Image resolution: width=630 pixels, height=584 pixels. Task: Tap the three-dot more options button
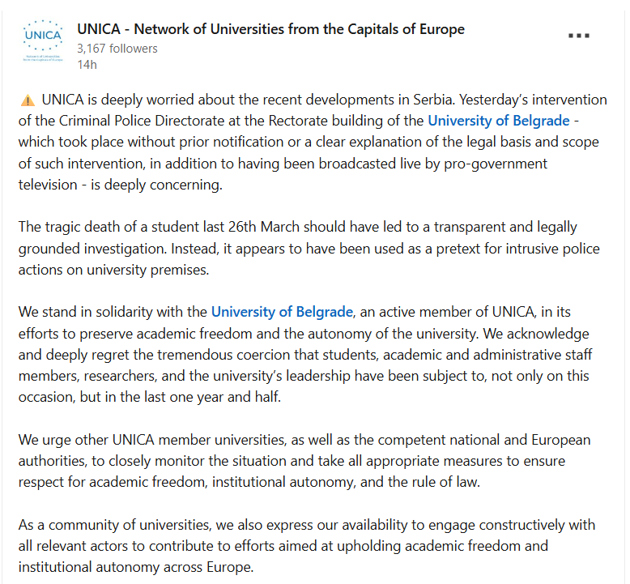point(579,36)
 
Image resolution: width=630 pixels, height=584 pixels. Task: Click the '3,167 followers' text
point(117,49)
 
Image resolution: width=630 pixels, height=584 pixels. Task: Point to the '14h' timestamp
point(87,64)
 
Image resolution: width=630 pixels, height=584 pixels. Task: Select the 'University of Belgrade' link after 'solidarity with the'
point(282,312)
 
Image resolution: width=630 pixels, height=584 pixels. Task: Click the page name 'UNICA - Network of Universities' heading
point(270,29)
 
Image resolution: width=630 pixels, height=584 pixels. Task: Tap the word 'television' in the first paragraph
point(49,185)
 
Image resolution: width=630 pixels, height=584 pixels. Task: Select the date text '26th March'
point(266,228)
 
